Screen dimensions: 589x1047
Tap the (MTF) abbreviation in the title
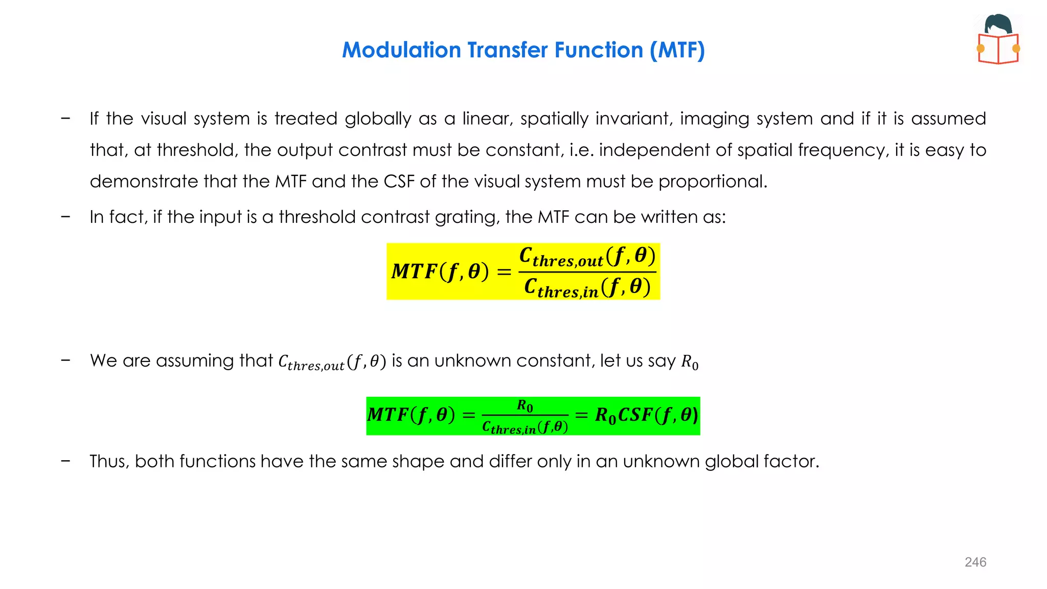[677, 50]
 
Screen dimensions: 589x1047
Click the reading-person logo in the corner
[998, 39]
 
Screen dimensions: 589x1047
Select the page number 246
[975, 562]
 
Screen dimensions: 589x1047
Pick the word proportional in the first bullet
[713, 182]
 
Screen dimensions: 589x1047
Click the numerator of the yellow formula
[587, 257]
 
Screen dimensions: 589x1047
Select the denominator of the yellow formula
[587, 287]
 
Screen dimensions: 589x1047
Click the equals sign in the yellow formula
[504, 272]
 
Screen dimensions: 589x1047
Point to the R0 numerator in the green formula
[525, 406]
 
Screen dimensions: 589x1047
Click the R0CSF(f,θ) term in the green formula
[646, 415]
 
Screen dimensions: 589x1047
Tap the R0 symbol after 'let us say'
[690, 362]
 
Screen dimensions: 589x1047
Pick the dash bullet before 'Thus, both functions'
[65, 461]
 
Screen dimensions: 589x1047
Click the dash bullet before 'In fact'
[65, 217]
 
